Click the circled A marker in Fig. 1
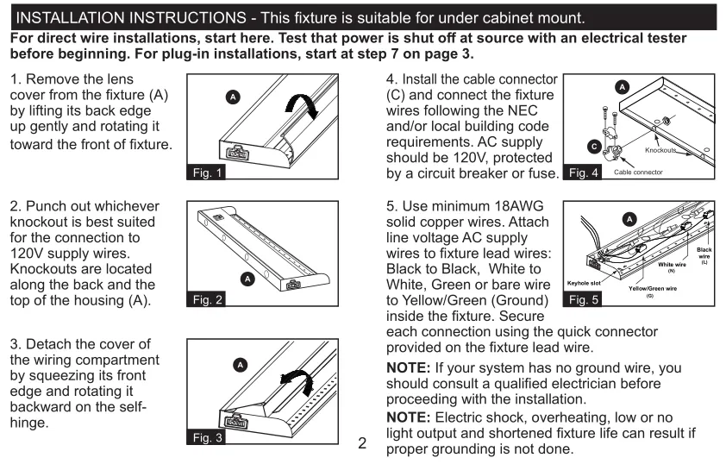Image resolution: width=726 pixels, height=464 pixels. tap(230, 94)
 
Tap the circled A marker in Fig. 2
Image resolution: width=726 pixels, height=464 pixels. tap(248, 278)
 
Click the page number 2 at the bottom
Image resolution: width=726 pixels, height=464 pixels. tap(363, 445)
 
